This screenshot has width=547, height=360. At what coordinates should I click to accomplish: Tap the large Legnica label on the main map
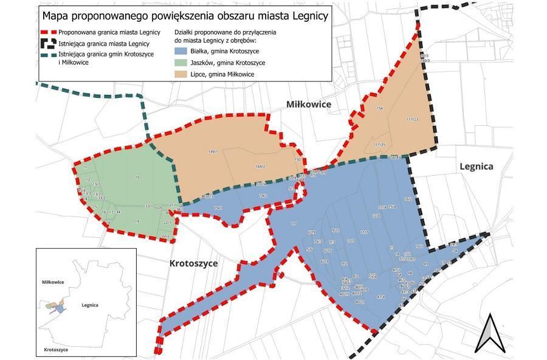tap(476, 166)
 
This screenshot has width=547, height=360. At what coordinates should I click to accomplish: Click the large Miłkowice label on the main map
tap(309, 105)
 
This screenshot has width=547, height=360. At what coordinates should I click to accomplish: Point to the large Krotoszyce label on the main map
tap(193, 263)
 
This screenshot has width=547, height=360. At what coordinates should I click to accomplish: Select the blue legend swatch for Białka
tap(179, 50)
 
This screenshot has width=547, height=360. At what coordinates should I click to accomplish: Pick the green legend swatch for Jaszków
tap(179, 62)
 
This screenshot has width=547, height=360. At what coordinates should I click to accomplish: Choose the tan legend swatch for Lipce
tap(179, 74)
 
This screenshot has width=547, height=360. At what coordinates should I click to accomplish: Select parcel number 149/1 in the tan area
tap(213, 151)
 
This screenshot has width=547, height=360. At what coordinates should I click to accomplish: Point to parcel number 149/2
tap(260, 166)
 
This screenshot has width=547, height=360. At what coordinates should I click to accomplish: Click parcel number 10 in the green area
tap(137, 177)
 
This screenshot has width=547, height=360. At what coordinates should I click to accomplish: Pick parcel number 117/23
tap(413, 119)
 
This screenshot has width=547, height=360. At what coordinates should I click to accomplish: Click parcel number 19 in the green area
tap(137, 221)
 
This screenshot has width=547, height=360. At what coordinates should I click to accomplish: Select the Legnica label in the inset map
tap(89, 305)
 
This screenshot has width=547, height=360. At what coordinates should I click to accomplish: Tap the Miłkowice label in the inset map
tap(53, 282)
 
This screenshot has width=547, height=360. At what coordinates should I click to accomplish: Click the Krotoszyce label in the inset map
tap(55, 350)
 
